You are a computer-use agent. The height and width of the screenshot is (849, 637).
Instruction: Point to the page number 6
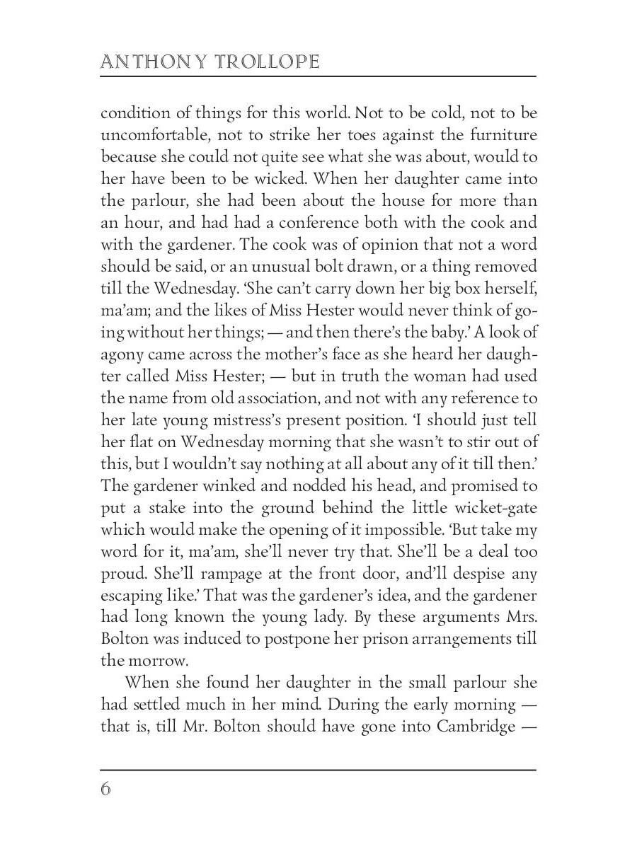click(x=105, y=789)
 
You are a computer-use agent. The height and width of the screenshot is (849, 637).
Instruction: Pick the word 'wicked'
click(x=277, y=180)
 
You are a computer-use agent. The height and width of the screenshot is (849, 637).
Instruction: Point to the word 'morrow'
click(x=159, y=662)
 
